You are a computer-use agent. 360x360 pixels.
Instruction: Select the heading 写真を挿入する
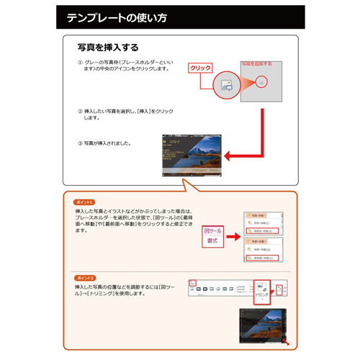coord(108,48)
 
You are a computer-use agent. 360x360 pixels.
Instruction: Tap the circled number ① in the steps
coord(80,63)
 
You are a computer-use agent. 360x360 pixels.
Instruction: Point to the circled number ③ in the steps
coord(80,143)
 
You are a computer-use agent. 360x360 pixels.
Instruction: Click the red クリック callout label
coord(200,68)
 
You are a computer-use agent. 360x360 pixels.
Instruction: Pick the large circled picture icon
coord(225,84)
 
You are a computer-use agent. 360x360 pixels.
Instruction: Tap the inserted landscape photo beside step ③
coord(191,155)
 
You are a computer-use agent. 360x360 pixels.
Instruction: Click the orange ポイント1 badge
coord(84,202)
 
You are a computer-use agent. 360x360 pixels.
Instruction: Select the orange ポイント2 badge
coord(84,277)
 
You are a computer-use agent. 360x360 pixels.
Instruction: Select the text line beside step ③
coord(108,143)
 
